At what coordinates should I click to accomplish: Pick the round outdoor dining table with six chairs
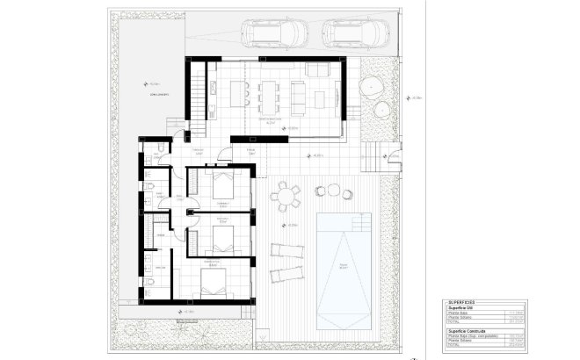[285, 196]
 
